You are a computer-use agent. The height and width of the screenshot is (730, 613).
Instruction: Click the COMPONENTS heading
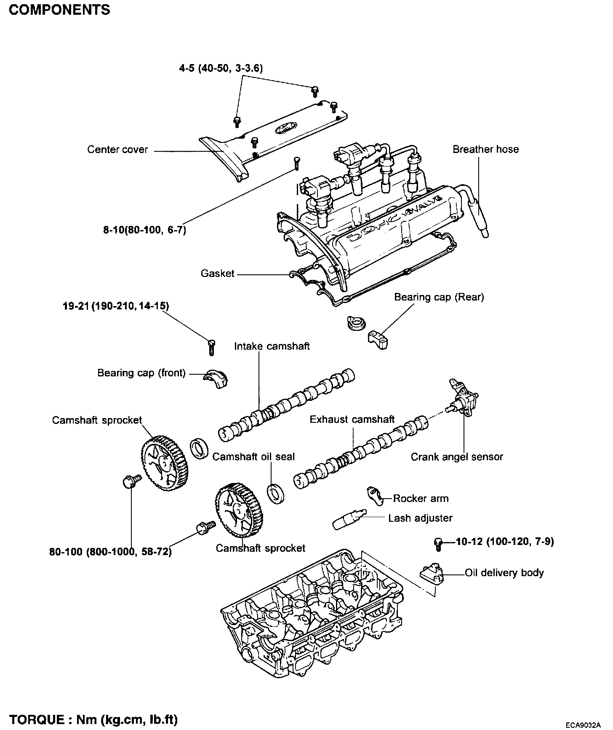tap(59, 10)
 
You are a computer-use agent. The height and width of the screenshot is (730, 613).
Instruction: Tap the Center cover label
tap(117, 150)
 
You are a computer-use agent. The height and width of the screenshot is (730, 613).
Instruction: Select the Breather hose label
tap(485, 149)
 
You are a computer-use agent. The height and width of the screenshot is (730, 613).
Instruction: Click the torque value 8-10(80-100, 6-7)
tap(144, 231)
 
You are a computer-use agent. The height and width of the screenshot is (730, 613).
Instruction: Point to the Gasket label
tap(217, 274)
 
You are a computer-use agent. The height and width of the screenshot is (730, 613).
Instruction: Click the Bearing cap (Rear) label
tap(439, 297)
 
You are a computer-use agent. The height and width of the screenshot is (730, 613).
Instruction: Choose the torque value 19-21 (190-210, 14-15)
tap(116, 306)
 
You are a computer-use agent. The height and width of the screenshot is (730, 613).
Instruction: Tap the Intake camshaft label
tap(272, 346)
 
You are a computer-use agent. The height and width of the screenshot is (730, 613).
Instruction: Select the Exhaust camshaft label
tap(352, 419)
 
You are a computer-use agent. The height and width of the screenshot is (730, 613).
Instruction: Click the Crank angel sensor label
tap(456, 457)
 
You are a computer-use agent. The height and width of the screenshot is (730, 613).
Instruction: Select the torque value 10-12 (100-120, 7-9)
tap(505, 542)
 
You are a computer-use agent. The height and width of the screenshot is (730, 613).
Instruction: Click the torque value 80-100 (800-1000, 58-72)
tap(110, 552)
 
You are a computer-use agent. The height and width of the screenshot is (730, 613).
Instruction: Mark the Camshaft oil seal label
tap(253, 457)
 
